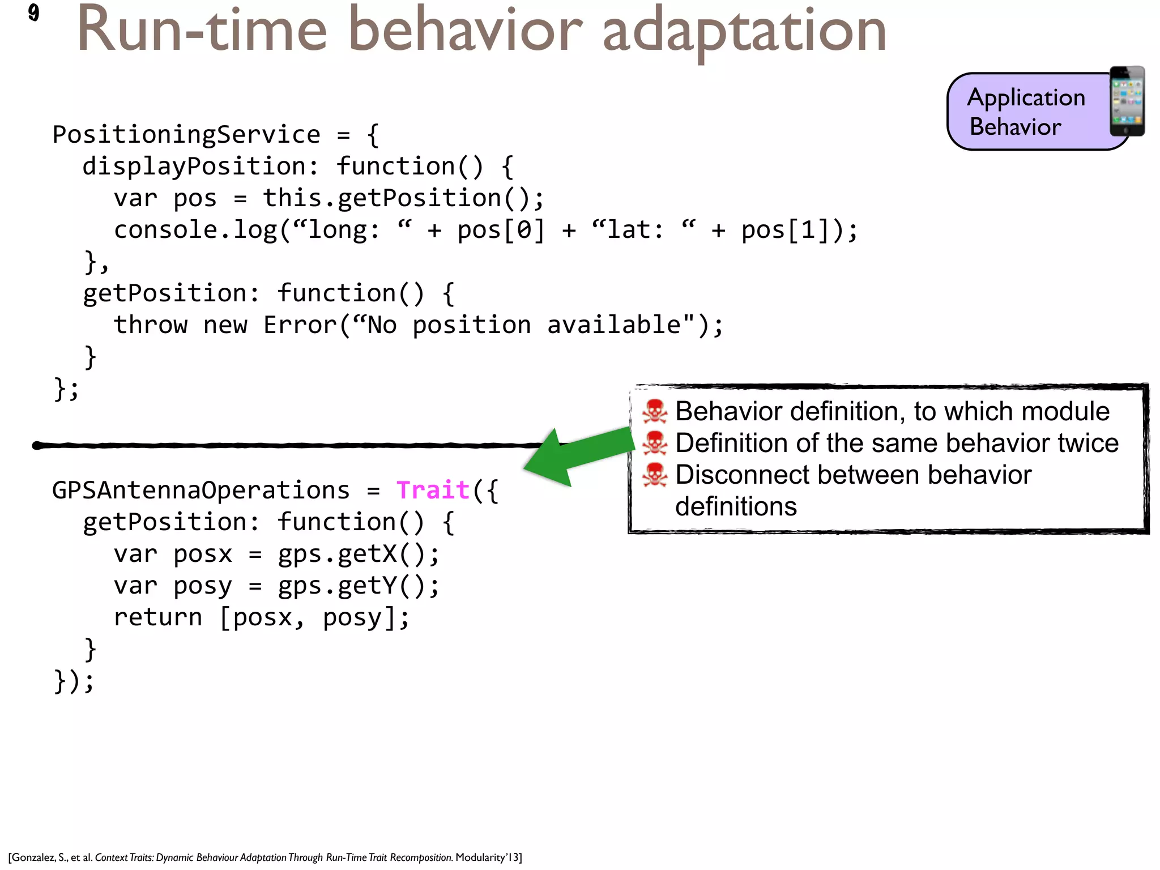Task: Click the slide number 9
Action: click(33, 12)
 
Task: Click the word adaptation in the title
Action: click(744, 31)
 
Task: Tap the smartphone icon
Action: click(1127, 101)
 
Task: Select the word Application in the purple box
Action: click(1026, 97)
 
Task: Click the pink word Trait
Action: click(433, 490)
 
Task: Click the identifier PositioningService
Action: click(186, 135)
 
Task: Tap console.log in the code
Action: click(195, 230)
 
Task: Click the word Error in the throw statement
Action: click(300, 325)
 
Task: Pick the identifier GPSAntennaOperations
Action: click(201, 490)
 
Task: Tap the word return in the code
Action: click(157, 617)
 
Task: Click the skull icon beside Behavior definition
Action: click(654, 412)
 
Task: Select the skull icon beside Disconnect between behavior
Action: click(654, 475)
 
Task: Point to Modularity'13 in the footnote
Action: click(488, 858)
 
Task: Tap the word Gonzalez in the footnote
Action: click(33, 858)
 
